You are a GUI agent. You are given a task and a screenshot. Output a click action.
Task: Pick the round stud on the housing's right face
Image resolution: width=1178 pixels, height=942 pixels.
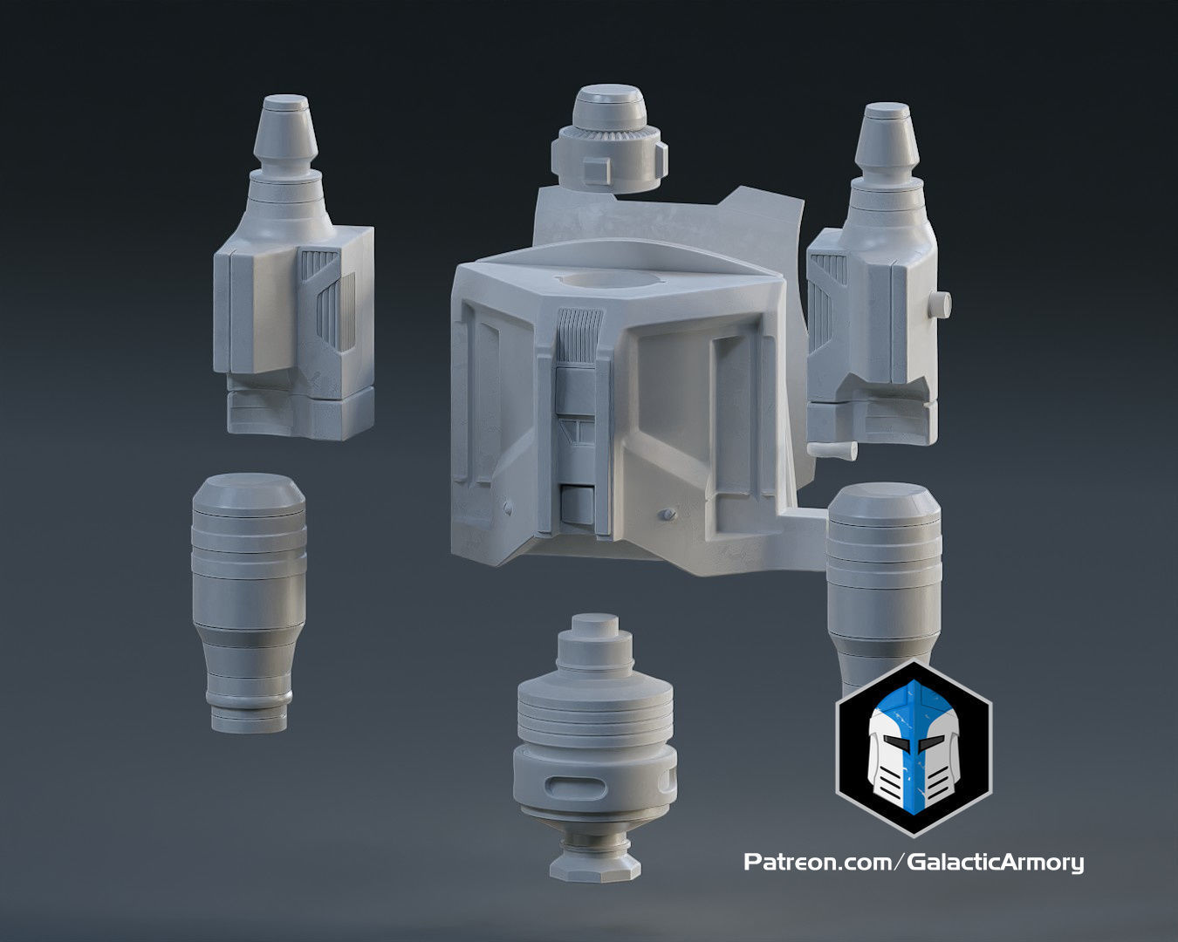coord(668,515)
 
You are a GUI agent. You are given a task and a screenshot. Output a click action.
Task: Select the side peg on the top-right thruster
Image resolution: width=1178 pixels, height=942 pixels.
coord(939,304)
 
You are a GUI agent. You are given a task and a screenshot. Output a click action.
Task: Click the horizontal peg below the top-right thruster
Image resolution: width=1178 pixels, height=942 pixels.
coord(832,449)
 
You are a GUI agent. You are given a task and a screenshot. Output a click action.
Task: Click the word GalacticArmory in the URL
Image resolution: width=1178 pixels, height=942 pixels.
coord(996,863)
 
